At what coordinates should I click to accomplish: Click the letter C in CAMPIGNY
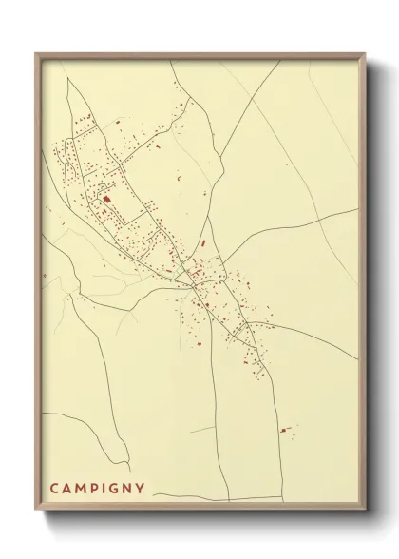(x=55, y=490)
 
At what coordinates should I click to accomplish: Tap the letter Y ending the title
(x=141, y=490)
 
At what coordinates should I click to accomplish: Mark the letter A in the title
(x=67, y=490)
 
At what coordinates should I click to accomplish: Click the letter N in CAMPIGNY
(x=127, y=490)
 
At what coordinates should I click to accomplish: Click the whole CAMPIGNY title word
(x=98, y=490)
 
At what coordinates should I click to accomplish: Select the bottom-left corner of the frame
(x=36, y=511)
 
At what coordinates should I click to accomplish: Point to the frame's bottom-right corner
(x=366, y=511)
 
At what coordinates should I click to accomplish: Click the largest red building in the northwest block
(x=106, y=199)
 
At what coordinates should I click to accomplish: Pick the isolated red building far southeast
(x=283, y=430)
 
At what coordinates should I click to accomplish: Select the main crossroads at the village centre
(x=194, y=281)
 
